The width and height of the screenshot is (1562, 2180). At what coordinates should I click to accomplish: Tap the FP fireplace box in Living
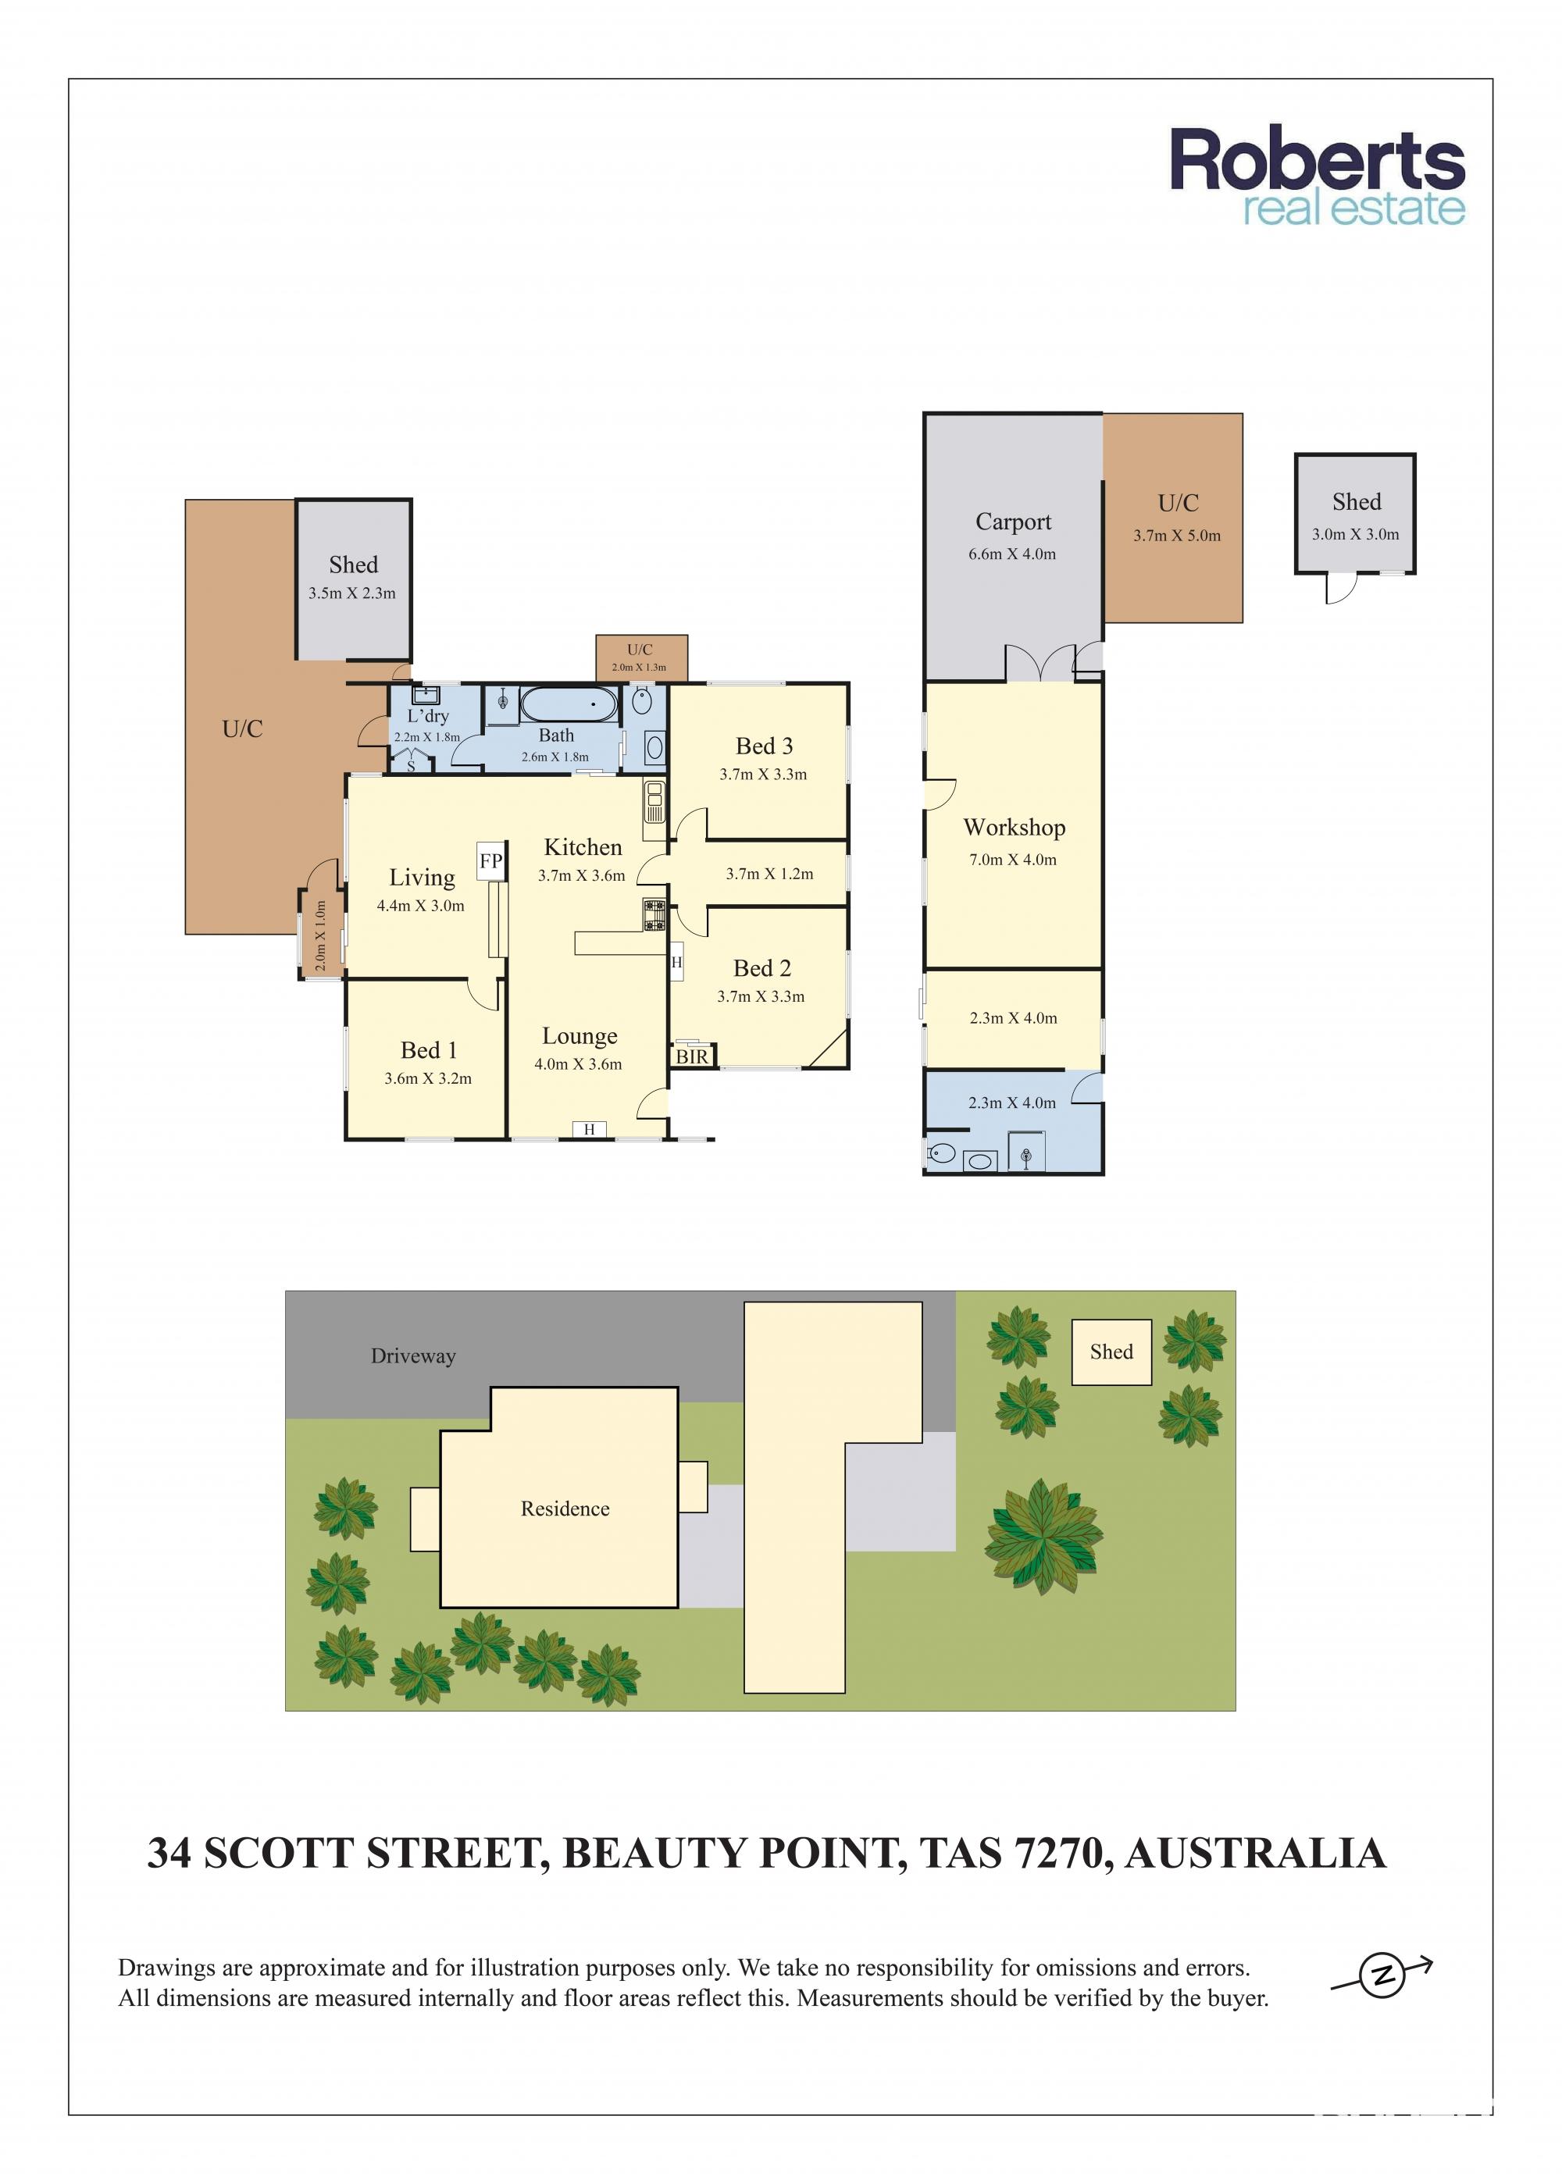491,860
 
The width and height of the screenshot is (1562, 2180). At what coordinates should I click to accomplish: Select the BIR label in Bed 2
692,1056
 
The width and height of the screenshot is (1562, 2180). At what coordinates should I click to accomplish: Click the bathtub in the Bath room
569,704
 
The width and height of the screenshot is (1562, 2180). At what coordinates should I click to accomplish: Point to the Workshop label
1014,828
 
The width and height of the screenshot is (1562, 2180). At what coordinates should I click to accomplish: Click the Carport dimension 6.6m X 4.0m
1012,554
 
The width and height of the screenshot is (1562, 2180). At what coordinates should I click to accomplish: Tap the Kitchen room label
583,847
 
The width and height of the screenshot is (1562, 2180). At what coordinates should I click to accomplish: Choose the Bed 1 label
429,1049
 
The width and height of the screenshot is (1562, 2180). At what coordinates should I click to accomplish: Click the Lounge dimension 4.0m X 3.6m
578,1064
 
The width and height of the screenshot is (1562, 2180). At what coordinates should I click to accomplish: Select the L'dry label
428,716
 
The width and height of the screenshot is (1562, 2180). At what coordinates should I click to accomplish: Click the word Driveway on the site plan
413,1356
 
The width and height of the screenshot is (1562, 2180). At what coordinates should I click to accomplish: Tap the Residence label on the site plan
565,1509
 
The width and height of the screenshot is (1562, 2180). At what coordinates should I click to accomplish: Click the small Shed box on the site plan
1111,1352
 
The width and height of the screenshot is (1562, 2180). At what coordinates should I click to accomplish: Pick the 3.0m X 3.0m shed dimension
1355,534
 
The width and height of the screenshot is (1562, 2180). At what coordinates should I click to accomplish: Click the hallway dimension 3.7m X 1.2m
769,874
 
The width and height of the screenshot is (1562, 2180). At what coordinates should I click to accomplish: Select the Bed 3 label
764,746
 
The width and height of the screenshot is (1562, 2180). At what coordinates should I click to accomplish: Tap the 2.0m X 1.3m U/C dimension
639,667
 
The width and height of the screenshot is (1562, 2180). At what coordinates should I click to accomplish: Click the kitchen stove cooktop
654,914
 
